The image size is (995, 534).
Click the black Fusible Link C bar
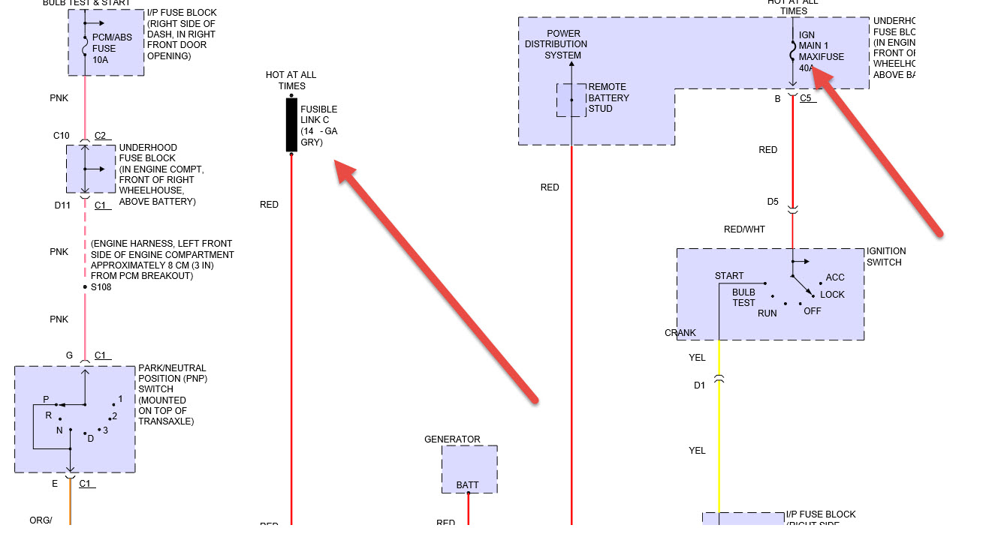click(291, 124)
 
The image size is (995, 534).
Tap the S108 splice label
click(101, 286)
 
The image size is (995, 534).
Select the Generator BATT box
click(469, 469)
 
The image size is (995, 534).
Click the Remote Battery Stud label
click(608, 97)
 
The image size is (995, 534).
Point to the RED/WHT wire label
click(744, 229)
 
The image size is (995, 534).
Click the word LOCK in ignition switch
click(832, 295)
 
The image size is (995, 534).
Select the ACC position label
click(835, 277)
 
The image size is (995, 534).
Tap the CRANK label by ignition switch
click(680, 333)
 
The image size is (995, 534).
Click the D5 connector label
click(773, 202)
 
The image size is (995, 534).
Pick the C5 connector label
click(806, 97)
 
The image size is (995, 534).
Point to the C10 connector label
click(61, 136)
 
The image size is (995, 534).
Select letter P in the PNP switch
click(46, 400)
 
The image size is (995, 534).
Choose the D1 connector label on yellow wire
click(699, 385)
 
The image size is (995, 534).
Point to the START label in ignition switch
click(729, 276)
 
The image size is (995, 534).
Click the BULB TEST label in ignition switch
click(743, 298)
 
